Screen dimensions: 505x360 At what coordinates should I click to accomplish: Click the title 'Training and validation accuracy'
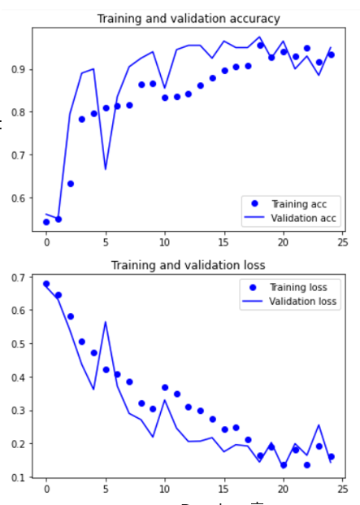[x=189, y=19]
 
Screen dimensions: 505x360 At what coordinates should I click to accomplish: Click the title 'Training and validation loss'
[x=189, y=265]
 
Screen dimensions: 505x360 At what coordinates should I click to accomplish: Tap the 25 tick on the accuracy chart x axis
[x=342, y=242]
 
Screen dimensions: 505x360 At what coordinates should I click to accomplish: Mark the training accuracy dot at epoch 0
[x=46, y=222]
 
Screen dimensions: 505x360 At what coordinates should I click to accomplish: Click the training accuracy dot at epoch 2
[x=71, y=184]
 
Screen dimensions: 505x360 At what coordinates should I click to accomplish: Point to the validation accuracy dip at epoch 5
[x=106, y=169]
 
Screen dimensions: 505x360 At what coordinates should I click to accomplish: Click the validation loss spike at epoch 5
[x=106, y=322]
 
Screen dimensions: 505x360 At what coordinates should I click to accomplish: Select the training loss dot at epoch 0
[x=46, y=285]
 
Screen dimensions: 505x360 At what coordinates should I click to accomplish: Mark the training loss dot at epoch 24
[x=331, y=457]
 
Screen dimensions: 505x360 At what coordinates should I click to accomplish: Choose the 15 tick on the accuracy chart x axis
[x=223, y=242]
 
